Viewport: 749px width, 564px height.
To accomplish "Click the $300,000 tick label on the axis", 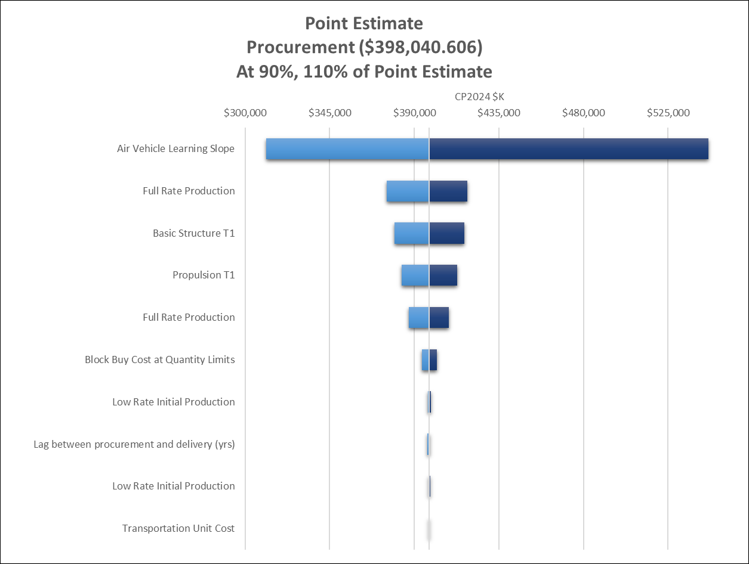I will (245, 113).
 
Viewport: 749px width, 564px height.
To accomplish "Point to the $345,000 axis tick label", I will (329, 113).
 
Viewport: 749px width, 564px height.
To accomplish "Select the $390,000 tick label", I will (414, 113).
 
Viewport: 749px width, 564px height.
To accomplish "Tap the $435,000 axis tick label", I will (499, 113).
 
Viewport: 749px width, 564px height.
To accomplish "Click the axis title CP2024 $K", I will (479, 96).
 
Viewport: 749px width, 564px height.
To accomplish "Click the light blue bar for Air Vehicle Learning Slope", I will (347, 149).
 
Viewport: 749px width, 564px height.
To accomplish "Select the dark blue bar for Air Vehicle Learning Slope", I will (568, 149).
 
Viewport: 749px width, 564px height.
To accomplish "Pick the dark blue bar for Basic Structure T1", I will (446, 233).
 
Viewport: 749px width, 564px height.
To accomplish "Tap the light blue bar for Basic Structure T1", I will (411, 233).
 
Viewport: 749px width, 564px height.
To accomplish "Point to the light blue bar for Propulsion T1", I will (415, 275).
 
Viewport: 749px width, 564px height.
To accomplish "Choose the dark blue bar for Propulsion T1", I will (443, 275).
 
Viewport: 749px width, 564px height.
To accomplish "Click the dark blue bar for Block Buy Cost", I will (433, 360).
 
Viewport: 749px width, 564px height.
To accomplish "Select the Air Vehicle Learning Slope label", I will (175, 148).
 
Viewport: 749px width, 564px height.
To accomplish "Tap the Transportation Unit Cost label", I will (178, 528).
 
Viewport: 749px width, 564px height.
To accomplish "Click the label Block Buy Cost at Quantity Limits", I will (159, 360).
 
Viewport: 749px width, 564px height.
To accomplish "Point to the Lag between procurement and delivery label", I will (134, 444).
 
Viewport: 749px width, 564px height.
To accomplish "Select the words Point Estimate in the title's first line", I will (363, 23).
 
